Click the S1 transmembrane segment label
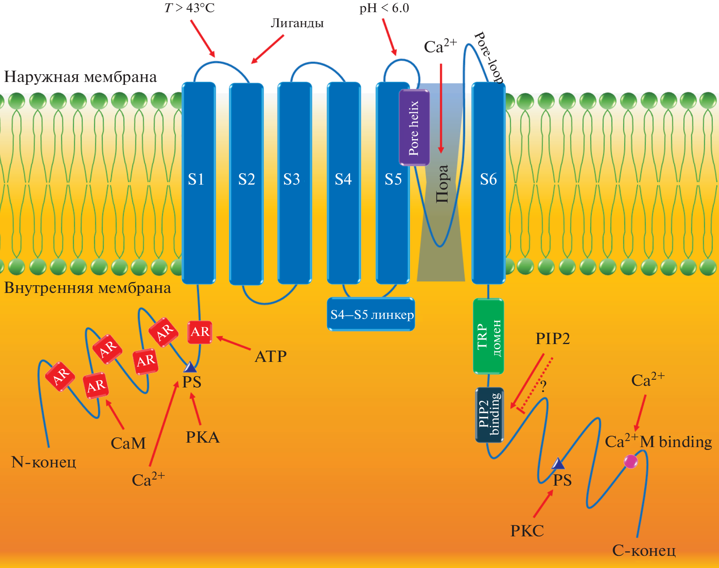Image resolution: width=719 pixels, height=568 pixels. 196,179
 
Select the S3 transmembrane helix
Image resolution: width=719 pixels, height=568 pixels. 294,183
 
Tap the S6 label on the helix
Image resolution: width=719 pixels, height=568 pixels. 488,179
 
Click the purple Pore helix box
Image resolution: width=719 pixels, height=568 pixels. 414,128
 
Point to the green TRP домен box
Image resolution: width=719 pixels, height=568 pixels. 488,336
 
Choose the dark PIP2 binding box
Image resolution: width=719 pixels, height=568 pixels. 489,415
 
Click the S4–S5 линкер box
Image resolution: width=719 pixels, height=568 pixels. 371,315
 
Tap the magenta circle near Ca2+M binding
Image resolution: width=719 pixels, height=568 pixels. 630,461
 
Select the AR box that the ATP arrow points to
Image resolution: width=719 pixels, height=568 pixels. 200,332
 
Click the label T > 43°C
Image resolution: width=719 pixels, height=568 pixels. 189,8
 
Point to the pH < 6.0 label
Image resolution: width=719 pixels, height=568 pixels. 384,8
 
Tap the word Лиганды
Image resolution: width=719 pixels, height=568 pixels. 297,23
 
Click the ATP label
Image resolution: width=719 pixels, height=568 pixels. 271,357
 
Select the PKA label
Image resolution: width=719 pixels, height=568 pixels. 202,437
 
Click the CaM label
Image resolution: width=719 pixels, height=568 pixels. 128,443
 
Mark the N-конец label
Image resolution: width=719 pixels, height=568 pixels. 44,462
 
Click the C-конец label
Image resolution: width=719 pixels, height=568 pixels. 644,551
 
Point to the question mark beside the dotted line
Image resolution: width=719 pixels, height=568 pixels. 543,386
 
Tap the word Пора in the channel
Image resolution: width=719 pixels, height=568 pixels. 442,184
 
